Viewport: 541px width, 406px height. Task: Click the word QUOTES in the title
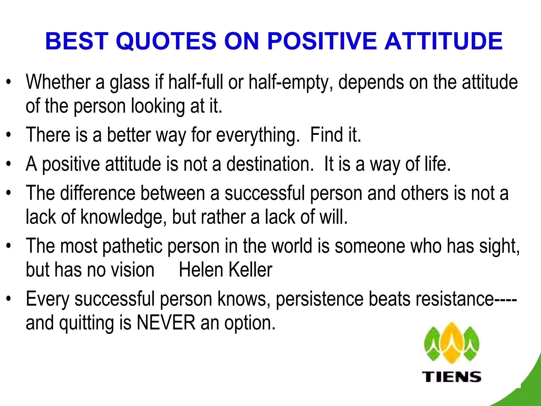pos(166,41)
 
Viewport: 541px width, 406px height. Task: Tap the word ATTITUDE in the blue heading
pos(443,41)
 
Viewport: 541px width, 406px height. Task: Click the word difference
pos(97,193)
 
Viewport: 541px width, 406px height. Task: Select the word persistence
pos(320,299)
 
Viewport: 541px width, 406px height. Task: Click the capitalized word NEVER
pos(166,322)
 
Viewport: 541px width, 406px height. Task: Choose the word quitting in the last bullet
pos(86,323)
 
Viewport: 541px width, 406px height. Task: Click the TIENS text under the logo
pos(452,376)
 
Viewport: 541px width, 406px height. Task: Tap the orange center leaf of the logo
pos(452,344)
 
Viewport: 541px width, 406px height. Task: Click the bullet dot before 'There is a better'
pos(9,135)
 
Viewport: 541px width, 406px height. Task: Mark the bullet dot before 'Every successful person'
pos(9,299)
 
